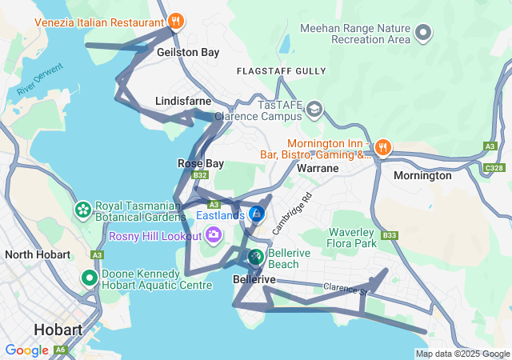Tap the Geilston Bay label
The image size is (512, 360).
point(188,52)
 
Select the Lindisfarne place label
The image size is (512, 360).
point(182,102)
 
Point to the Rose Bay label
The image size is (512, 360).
point(194,163)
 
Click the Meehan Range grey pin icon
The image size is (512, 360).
point(424,33)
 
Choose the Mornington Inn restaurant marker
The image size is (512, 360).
point(383,146)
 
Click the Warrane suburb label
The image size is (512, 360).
point(318,169)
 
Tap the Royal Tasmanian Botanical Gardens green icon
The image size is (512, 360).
point(82,210)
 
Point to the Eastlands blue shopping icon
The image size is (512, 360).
point(257,214)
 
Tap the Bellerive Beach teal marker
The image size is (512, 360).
point(255,257)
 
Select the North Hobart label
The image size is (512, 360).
point(39,254)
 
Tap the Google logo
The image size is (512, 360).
point(26,350)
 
